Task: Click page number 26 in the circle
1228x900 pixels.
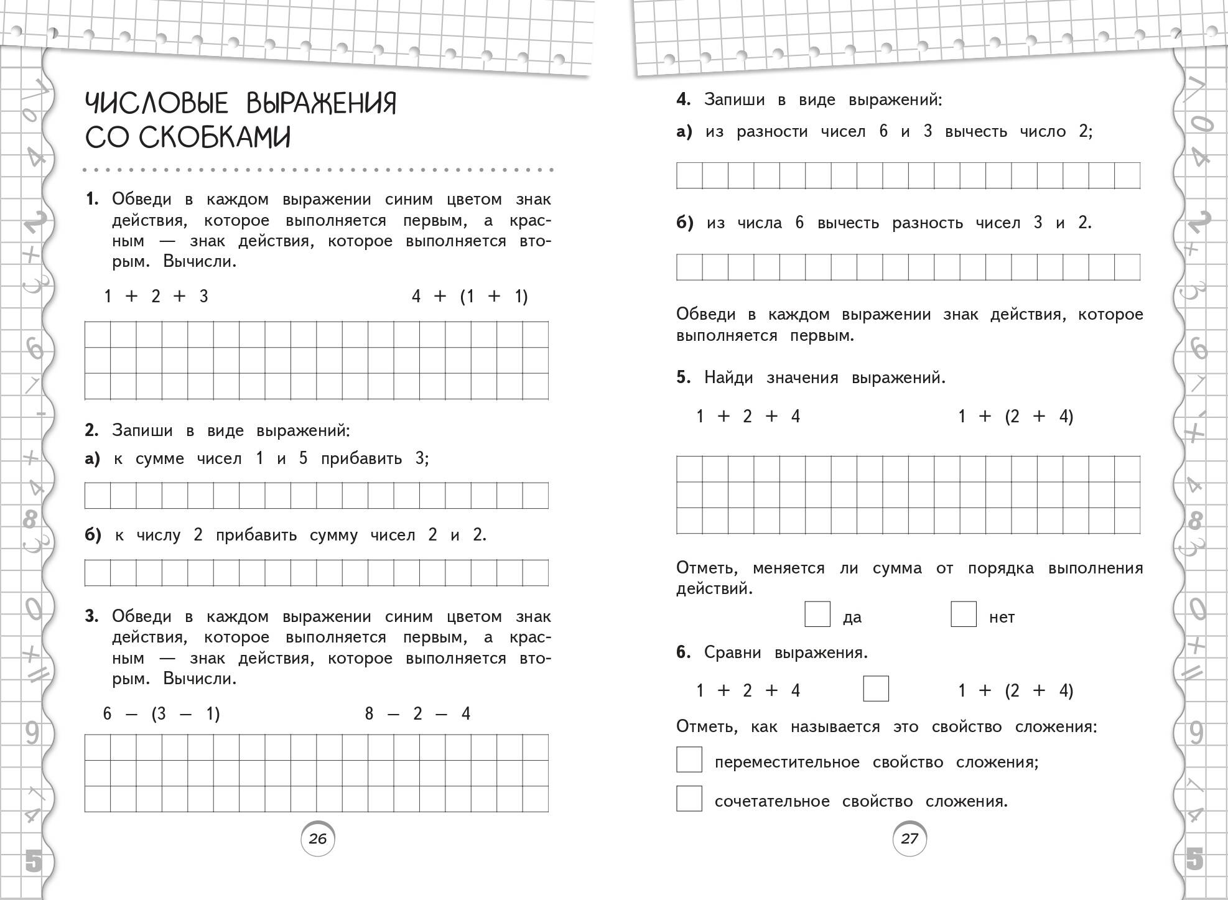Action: click(x=317, y=839)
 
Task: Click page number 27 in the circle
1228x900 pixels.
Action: click(x=909, y=839)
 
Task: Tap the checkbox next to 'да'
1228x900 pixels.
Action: click(x=817, y=614)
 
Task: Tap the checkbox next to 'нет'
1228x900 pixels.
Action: click(x=964, y=614)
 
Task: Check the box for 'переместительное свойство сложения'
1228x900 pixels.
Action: click(x=689, y=760)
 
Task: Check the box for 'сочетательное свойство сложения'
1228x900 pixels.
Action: click(x=689, y=799)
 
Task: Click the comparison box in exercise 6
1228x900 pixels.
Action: click(x=876, y=689)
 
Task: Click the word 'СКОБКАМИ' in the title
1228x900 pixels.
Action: click(x=188, y=137)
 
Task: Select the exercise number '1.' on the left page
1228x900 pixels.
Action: click(x=92, y=200)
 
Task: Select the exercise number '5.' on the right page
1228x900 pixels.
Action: click(x=684, y=378)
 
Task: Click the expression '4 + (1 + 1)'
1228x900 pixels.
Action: click(x=470, y=296)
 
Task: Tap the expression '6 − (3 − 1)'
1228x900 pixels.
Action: click(x=162, y=713)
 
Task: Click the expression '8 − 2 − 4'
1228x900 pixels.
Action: click(x=417, y=713)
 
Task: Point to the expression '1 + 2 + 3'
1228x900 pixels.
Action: click(x=156, y=296)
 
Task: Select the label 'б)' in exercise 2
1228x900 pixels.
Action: click(x=93, y=535)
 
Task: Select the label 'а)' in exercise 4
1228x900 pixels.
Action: click(x=684, y=132)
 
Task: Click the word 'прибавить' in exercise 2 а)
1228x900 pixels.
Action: click(x=361, y=459)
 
